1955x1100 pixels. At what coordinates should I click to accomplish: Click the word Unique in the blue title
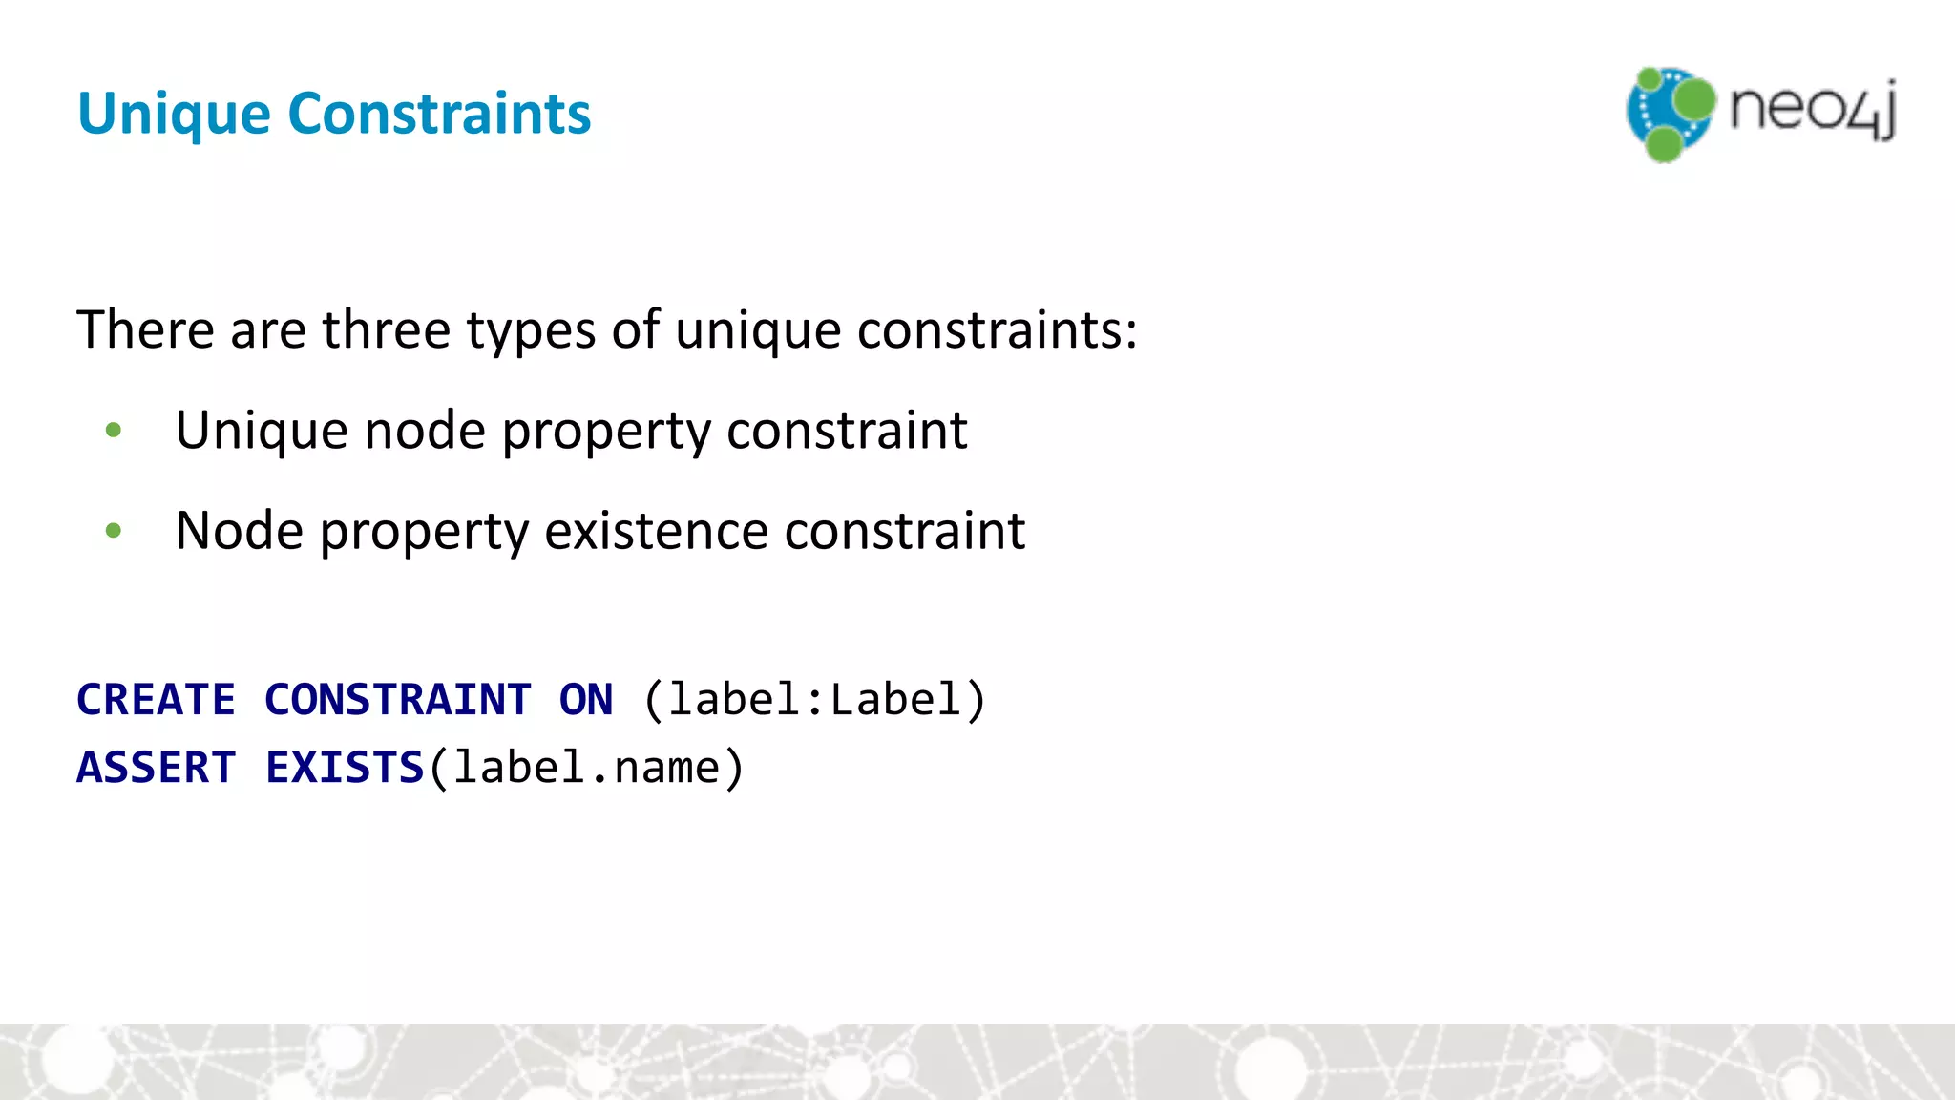174,115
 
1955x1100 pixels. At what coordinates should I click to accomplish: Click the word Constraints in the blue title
439,113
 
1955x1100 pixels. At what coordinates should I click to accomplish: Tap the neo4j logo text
1813,109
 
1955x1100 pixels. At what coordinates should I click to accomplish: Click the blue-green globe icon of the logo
1670,114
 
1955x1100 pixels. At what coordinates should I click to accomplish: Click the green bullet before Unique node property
114,431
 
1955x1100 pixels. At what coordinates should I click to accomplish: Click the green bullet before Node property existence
114,530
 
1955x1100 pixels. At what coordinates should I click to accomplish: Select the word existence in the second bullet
656,531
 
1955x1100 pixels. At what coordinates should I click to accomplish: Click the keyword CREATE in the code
156,700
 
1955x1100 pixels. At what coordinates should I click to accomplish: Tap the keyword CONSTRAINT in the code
397,700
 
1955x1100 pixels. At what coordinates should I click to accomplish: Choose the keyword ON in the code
586,700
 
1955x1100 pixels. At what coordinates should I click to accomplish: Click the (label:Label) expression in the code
814,700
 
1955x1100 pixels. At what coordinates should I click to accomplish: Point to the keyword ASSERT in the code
156,768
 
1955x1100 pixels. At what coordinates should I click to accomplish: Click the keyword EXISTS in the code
344,768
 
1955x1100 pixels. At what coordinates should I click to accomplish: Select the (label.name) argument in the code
586,768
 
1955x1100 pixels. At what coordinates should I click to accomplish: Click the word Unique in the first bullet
262,431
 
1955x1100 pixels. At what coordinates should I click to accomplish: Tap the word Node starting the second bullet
240,531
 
